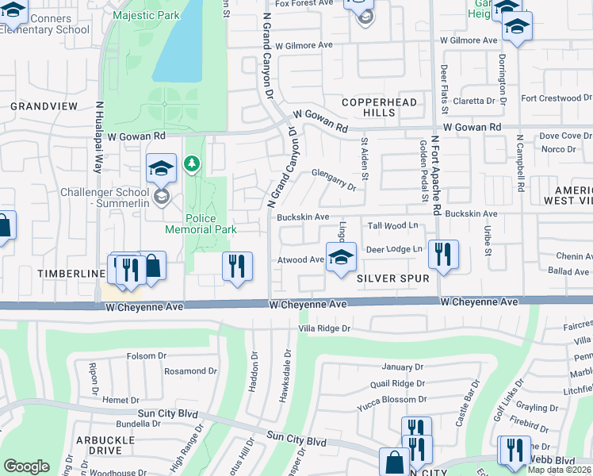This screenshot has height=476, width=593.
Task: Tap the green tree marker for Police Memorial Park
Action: [191, 164]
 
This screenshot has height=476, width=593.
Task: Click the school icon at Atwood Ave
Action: [341, 259]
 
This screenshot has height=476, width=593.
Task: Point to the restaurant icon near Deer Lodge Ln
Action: [442, 254]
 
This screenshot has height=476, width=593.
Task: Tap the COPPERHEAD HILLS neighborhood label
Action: [369, 108]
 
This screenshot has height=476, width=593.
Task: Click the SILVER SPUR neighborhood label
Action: [392, 279]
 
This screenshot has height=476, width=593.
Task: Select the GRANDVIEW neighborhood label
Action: [44, 106]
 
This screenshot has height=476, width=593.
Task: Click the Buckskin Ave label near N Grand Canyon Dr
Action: [303, 217]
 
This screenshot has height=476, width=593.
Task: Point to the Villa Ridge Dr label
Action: [324, 328]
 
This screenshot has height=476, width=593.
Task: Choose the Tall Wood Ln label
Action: [393, 226]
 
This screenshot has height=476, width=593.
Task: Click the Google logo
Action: [26, 466]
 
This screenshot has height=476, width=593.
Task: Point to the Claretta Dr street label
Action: [479, 101]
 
